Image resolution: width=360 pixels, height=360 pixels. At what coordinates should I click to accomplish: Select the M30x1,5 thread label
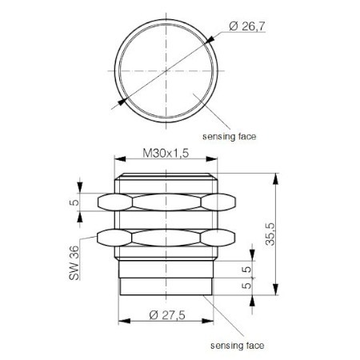[x=165, y=153]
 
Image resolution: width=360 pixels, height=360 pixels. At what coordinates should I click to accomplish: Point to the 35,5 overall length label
[x=293, y=234]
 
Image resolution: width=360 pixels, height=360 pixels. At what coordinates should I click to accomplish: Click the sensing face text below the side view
[x=237, y=346]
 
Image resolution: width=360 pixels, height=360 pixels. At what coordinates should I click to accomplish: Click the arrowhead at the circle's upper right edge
[x=210, y=41]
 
